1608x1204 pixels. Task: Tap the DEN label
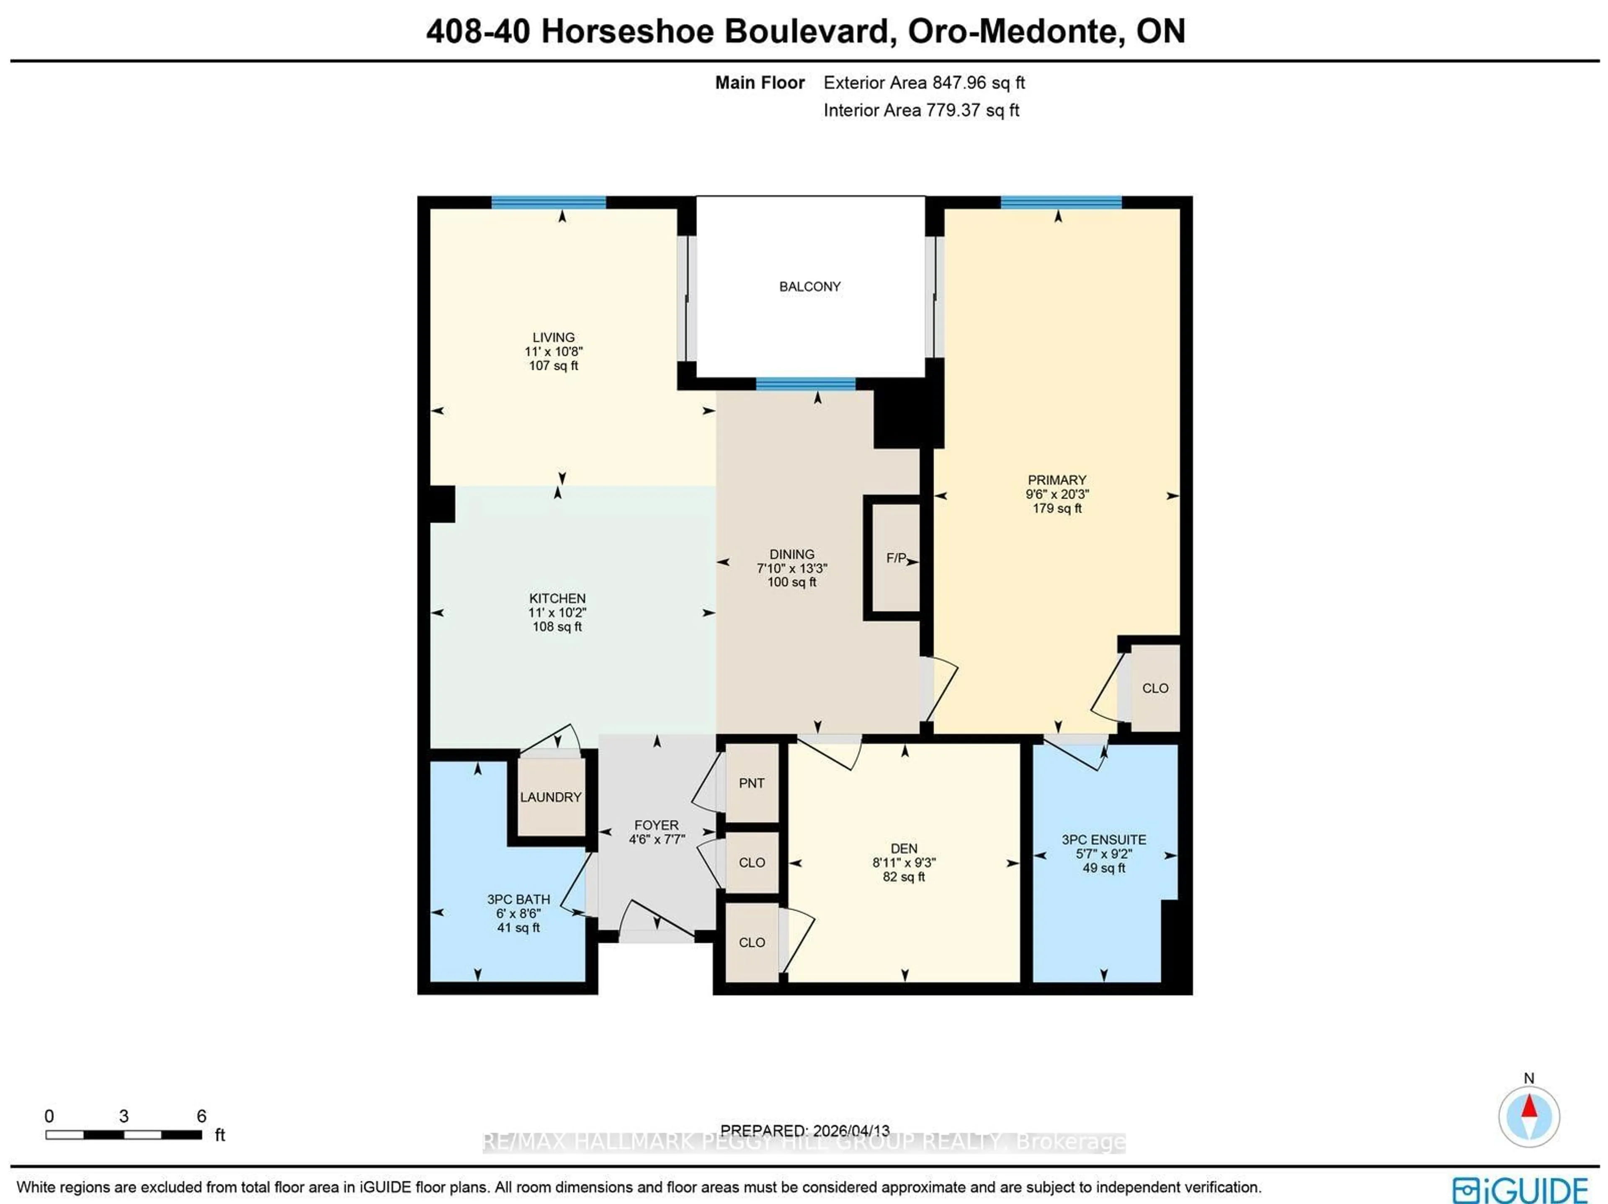(x=904, y=848)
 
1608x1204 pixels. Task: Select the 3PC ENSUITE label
(x=1103, y=840)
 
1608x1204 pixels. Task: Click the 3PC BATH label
(x=518, y=900)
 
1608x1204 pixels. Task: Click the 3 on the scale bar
(x=124, y=1116)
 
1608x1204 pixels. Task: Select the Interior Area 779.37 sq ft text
(x=920, y=111)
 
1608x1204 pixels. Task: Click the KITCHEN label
(x=557, y=598)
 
